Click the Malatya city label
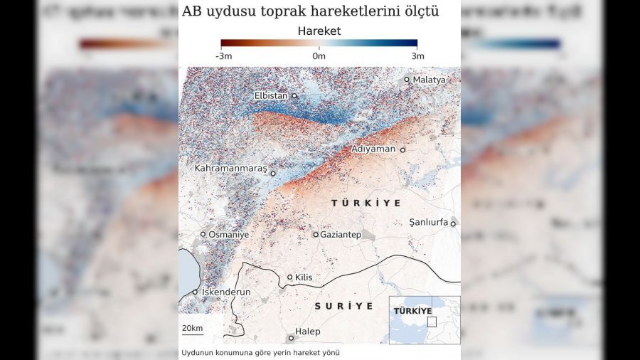429,80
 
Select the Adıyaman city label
374,149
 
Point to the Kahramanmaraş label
230,169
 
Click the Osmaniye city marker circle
203,234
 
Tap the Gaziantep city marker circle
316,234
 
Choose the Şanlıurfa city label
429,223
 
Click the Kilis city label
304,277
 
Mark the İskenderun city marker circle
196,292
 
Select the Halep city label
308,332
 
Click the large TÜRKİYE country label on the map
366,203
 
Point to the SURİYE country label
344,306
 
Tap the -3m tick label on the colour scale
226,56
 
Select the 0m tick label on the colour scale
319,56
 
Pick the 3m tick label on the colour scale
417,56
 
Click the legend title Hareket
319,31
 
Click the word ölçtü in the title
421,11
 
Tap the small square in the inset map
432,322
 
